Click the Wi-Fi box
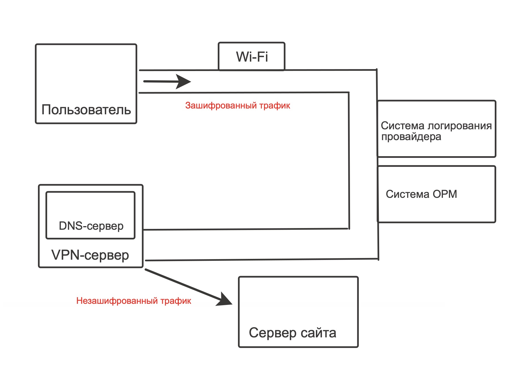tap(252, 56)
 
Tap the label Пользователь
tap(86, 110)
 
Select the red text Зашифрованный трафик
tap(238, 105)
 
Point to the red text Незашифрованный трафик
tap(134, 301)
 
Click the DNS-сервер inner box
tap(90, 215)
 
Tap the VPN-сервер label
tap(90, 255)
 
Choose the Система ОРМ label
tap(421, 194)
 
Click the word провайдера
tap(411, 137)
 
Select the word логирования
tap(460, 126)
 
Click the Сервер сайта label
tap(293, 333)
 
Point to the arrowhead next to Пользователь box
tap(183, 82)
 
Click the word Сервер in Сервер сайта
tap(273, 333)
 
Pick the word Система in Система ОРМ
tap(407, 194)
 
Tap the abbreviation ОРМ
tap(445, 194)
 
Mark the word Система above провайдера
tap(403, 126)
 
